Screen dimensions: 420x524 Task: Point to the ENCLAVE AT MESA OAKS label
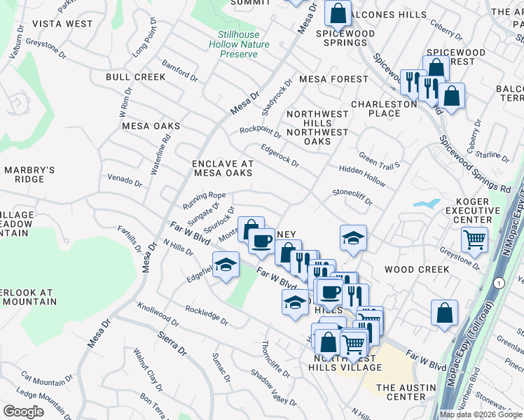point(223,169)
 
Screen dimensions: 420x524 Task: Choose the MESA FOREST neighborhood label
point(333,79)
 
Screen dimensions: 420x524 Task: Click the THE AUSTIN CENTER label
point(411,392)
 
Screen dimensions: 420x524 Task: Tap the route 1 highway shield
point(498,282)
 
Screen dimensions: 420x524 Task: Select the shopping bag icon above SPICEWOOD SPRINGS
point(338,13)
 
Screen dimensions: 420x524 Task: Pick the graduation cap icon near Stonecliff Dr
point(354,238)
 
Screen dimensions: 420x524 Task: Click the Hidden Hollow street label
point(362,176)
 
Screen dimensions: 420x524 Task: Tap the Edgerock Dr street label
point(280,155)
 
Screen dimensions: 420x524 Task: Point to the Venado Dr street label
point(125,181)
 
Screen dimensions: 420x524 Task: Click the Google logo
point(22,412)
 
